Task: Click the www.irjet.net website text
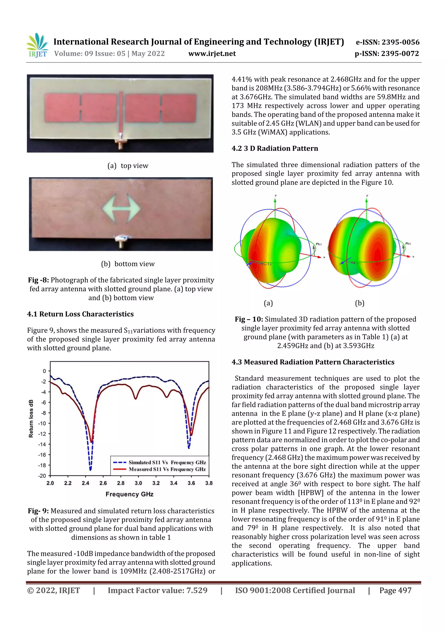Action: pos(212,54)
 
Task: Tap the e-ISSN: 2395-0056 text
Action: pos(387,42)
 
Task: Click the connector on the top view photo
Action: pos(120,142)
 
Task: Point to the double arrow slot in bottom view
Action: pos(121,208)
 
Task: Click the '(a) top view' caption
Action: pos(128,166)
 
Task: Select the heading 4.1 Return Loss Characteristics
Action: pos(80,314)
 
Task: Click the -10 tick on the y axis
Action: pos(42,423)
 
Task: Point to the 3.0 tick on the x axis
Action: pos(138,483)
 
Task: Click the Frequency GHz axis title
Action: pos(129,494)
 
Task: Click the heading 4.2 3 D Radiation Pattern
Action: pos(275,148)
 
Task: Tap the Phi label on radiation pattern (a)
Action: pos(318,244)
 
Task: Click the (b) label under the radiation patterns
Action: pos(359,303)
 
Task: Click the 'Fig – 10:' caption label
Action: pos(249,319)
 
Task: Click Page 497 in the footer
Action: pos(395,590)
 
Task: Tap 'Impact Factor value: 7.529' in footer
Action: pos(158,590)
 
